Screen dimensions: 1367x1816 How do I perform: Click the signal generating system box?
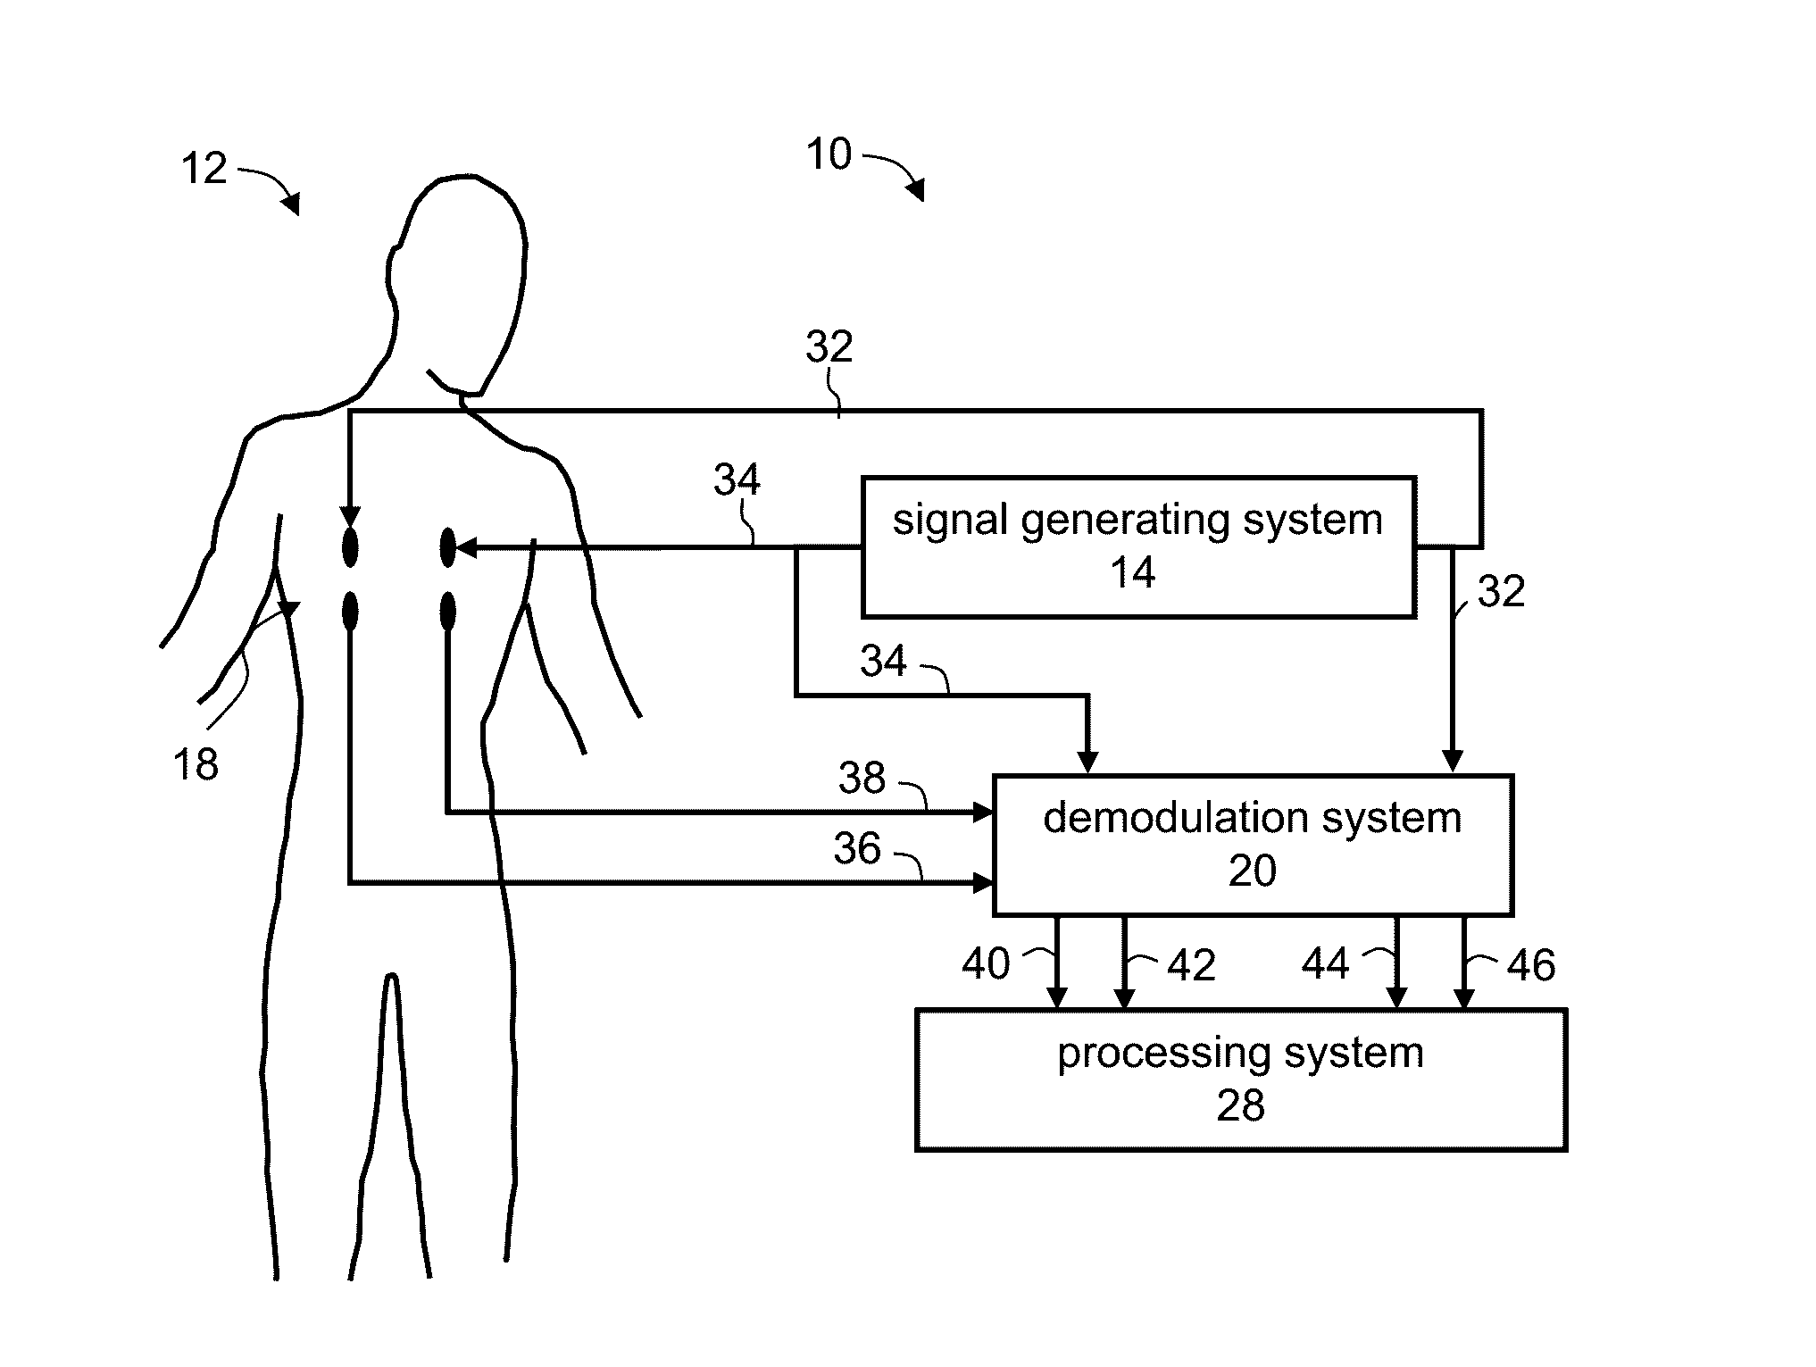pos(1137,546)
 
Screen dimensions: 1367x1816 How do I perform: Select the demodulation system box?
pos(1252,844)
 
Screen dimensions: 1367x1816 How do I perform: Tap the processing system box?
pos(1240,1079)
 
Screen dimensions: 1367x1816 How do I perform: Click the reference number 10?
pos(829,154)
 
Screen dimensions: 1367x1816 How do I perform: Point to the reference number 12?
pos(204,169)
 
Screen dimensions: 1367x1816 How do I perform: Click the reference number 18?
pos(195,765)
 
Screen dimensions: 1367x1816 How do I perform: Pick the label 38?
pos(862,779)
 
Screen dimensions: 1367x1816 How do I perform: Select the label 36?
pos(856,848)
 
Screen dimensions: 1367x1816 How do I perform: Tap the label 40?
pos(986,964)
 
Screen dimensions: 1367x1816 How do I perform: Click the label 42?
pos(1191,965)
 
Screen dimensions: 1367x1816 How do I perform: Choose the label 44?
pos(1325,964)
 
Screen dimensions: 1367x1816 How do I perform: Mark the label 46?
pos(1531,965)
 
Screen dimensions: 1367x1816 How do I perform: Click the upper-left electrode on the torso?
pos(350,546)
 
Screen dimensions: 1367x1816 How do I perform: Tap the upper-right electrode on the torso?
pos(448,546)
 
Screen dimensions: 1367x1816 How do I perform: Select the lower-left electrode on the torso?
pos(350,613)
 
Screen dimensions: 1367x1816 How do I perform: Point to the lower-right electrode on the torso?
pos(448,613)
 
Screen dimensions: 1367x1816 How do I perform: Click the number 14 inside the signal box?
pos(1132,572)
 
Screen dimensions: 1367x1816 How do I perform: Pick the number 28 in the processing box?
pos(1240,1106)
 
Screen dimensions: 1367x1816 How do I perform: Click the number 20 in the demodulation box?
pos(1252,871)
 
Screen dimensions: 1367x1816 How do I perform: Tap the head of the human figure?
pos(460,268)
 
